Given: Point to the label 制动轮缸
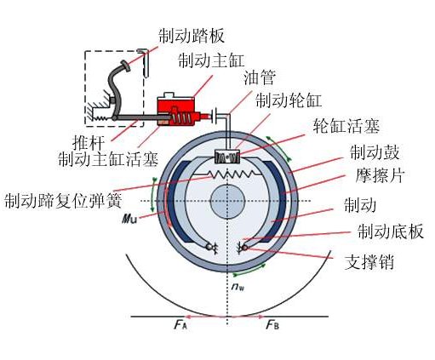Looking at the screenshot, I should [x=289, y=100].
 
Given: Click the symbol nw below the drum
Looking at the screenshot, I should [x=236, y=288].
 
